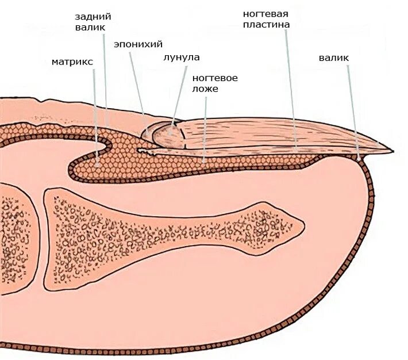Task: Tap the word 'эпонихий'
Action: coord(138,44)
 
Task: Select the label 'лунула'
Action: coord(181,58)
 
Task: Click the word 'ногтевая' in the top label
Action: coord(265,13)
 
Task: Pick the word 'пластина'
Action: coord(265,25)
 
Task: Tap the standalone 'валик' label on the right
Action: coord(333,58)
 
